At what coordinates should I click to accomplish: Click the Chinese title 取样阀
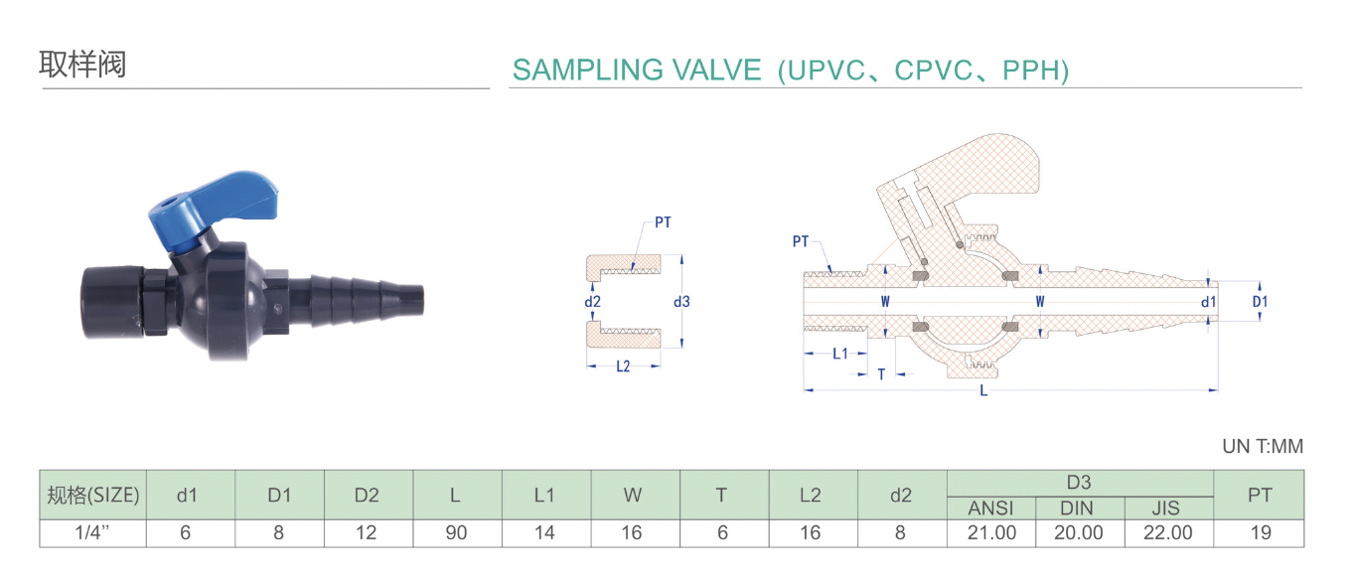point(82,66)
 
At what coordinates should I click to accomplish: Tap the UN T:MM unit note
point(1262,447)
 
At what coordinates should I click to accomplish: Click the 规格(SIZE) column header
point(93,495)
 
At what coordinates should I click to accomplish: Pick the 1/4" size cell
point(93,533)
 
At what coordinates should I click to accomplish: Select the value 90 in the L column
point(456,533)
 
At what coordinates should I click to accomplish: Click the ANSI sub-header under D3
point(991,508)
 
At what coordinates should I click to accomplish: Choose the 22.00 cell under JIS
point(1168,533)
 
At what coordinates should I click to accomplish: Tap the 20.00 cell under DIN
point(1080,533)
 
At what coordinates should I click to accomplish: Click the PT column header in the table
point(1260,495)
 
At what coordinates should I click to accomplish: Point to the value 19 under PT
point(1260,533)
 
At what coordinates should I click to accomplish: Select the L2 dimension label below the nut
point(623,366)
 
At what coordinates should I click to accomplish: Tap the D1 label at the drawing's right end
point(1260,302)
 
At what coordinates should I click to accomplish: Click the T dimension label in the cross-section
point(881,374)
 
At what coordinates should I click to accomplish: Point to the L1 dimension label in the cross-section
point(840,353)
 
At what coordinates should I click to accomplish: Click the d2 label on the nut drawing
point(593,302)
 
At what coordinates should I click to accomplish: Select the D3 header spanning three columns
point(1080,483)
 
